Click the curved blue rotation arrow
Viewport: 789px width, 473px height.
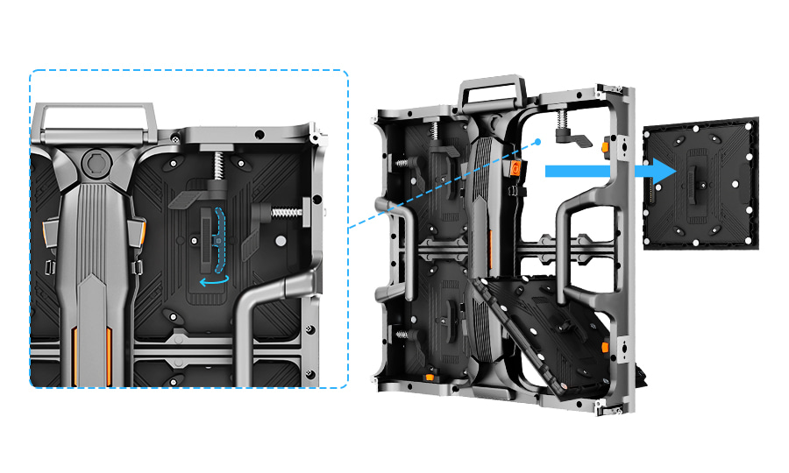pos(215,280)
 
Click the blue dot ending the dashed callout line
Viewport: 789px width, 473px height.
pos(537,141)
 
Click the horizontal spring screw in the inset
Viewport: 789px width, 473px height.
pos(284,212)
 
